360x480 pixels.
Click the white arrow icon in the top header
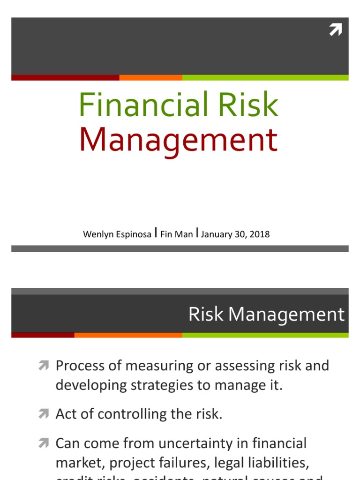336,30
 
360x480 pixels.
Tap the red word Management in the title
178,139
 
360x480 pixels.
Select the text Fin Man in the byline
176,234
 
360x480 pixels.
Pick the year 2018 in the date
260,234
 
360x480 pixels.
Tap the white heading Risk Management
266,315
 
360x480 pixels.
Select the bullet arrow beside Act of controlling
44,414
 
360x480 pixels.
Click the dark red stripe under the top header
65,77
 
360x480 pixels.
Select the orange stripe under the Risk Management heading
128,335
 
